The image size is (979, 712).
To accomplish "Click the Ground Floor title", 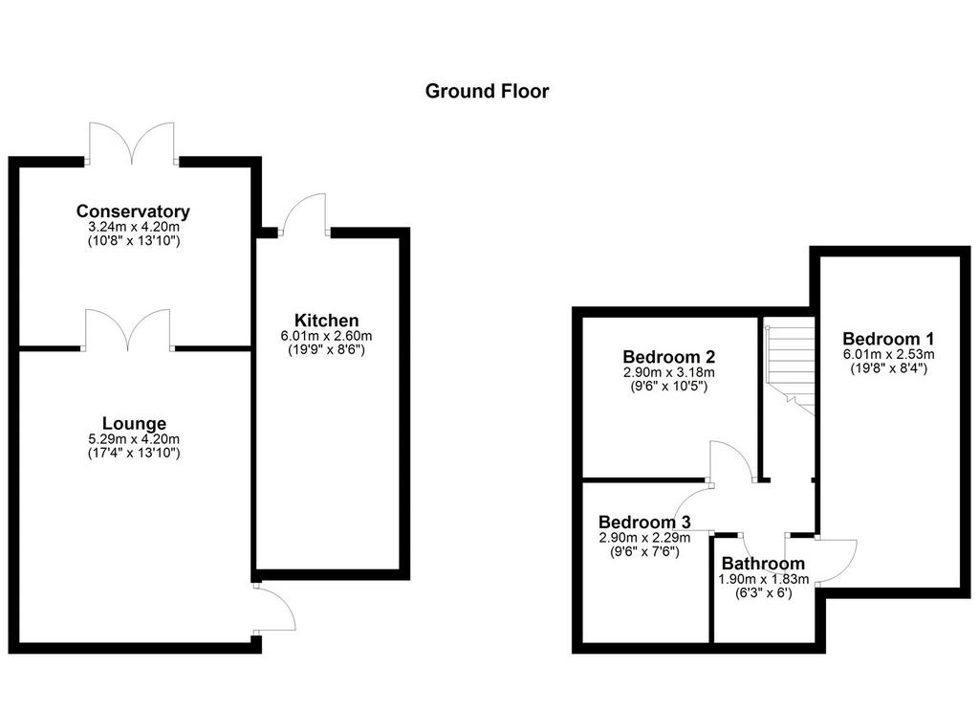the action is pos(487,91).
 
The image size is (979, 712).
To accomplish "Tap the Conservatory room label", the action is pos(133,211).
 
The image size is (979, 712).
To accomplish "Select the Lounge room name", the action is pos(134,424).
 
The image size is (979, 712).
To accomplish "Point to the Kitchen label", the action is pos(327,321).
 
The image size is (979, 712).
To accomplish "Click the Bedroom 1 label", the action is pos(888,339).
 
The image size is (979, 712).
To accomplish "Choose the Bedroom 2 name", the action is pos(668,357).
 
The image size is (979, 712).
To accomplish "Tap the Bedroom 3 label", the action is pos(644,522).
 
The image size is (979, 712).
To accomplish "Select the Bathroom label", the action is pos(763,564).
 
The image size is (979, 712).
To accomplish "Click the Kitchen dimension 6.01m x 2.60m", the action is pos(327,336).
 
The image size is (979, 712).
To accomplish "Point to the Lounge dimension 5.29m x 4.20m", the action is pos(134,439).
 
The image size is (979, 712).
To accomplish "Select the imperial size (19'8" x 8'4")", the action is pos(888,368).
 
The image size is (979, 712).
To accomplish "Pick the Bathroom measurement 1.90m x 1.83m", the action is pos(763,580).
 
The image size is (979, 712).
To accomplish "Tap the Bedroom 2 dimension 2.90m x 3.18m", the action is pos(668,372).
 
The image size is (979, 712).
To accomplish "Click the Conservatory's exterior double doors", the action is pos(132,144).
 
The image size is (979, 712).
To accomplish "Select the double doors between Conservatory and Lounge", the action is pos(128,329).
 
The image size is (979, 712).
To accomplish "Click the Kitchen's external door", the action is pos(304,214).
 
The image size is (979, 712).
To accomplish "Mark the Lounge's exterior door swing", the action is pos(274,608).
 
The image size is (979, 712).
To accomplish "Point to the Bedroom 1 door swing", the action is pos(836,561).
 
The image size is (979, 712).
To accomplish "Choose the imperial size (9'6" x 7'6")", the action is pos(644,551).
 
